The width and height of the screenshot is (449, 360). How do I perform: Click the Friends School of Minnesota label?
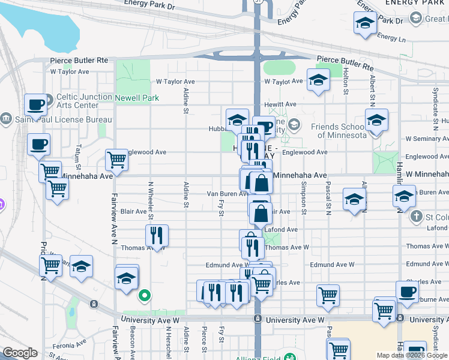(339, 131)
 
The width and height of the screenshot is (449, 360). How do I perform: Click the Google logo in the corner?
(20, 353)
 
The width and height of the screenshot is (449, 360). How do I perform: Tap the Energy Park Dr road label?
(149, 4)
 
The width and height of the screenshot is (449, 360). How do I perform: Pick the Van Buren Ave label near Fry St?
(228, 194)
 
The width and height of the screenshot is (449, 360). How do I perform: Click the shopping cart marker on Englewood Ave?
(116, 161)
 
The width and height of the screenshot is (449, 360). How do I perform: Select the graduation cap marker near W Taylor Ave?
(318, 80)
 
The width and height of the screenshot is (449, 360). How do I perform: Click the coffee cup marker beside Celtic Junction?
(35, 106)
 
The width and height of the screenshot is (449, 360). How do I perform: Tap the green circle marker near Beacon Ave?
(144, 295)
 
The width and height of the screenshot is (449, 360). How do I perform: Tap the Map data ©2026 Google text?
(411, 355)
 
